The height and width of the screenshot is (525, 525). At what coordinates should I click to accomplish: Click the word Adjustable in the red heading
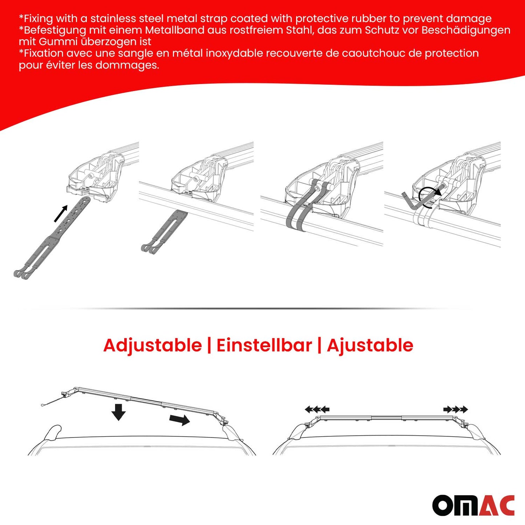tap(153, 345)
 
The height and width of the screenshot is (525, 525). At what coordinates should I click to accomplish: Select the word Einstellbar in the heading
tap(264, 345)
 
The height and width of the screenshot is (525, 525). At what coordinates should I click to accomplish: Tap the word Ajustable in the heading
tap(370, 345)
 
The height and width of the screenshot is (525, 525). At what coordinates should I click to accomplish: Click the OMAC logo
tap(473, 505)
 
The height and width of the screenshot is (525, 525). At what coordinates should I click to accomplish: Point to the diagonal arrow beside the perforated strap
tap(61, 214)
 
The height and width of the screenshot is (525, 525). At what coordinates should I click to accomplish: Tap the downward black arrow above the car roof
tap(118, 412)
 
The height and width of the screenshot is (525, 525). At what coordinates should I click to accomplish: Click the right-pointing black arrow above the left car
tap(179, 420)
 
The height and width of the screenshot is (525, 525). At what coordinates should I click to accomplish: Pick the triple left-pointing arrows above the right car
tap(317, 410)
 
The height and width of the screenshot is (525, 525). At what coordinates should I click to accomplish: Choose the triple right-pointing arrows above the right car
tap(456, 410)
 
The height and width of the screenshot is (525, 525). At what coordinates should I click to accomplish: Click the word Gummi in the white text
tap(58, 42)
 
